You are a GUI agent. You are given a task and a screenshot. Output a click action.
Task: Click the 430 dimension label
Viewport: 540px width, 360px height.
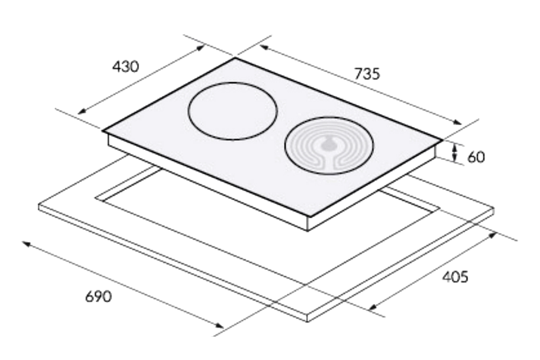[x=125, y=67]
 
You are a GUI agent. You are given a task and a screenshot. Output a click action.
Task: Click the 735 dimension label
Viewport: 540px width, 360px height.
[x=367, y=74]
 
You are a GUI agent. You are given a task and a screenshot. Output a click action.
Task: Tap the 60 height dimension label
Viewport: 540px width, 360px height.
[x=476, y=157]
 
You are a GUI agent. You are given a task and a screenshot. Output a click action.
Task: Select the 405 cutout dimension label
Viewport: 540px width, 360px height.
[x=455, y=277]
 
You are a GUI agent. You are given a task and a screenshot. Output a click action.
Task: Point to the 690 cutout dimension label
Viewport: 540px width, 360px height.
[x=98, y=297]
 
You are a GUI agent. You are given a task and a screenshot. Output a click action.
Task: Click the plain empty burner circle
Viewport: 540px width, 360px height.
[x=233, y=111]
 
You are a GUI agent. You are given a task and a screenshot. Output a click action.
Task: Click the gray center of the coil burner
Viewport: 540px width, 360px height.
[x=328, y=144]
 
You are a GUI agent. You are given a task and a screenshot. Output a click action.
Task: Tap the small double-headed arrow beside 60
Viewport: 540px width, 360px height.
[x=455, y=152]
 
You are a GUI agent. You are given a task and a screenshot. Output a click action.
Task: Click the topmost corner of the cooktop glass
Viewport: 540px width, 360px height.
[x=235, y=58]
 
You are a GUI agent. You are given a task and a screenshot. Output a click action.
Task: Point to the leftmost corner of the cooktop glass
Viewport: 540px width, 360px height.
[x=103, y=131]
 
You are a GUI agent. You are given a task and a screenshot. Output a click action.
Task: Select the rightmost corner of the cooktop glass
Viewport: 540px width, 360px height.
[x=442, y=139]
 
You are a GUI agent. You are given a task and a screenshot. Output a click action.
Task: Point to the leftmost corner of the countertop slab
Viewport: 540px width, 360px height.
[x=39, y=206]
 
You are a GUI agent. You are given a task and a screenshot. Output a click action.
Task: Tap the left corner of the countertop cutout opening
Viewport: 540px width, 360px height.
[x=96, y=197]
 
